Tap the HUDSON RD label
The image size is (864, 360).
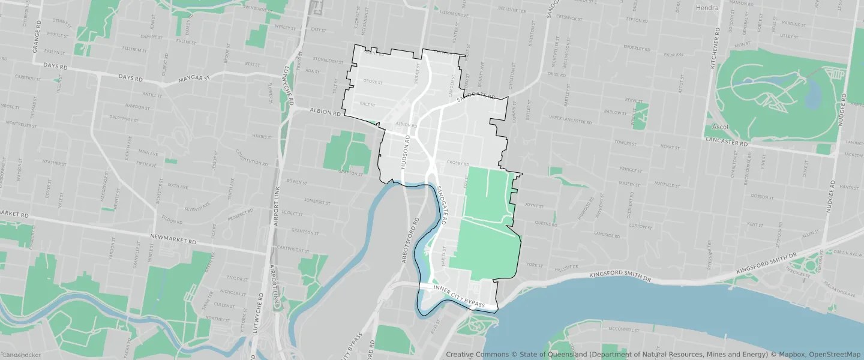pos(406,151)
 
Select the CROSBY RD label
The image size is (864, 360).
pos(457,163)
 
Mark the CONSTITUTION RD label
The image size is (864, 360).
pos(251,157)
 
